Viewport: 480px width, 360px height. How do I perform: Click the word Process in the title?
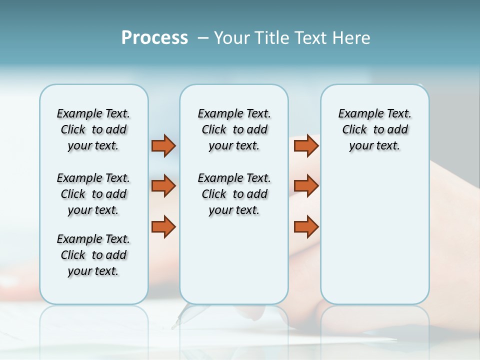click(x=154, y=38)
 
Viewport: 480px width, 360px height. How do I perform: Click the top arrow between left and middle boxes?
click(x=163, y=145)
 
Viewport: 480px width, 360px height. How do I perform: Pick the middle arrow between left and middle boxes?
click(x=163, y=186)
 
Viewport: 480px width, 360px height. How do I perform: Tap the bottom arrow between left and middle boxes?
click(x=163, y=226)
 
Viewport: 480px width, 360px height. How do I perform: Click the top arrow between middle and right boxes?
click(x=306, y=145)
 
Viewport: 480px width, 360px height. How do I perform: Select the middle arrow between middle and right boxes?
click(x=306, y=186)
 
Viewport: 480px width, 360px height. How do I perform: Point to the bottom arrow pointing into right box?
click(x=306, y=226)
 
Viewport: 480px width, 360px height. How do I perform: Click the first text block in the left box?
click(x=93, y=129)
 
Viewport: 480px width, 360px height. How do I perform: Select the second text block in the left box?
click(x=93, y=194)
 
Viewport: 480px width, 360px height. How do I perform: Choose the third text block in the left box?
click(x=93, y=255)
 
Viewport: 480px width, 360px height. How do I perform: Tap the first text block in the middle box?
click(x=234, y=129)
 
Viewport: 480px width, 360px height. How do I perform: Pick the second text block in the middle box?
click(x=234, y=194)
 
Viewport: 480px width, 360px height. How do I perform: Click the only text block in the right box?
click(x=375, y=129)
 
